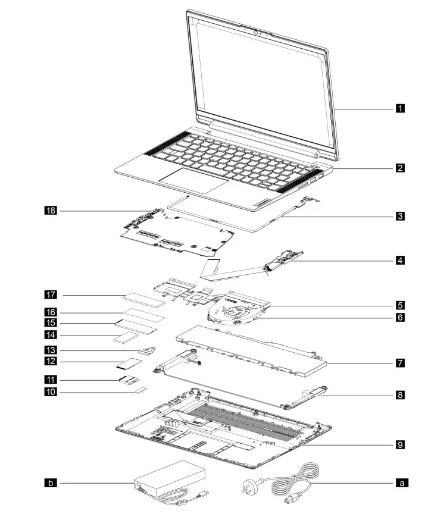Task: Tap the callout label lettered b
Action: pos(51,483)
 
